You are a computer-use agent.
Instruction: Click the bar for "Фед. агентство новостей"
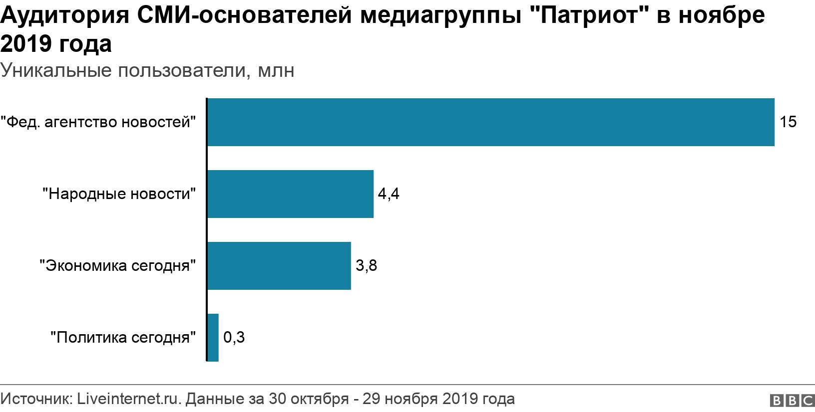click(490, 122)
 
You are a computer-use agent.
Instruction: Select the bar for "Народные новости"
click(290, 194)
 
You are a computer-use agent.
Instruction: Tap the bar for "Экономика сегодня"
click(279, 266)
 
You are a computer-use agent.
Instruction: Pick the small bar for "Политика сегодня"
click(213, 338)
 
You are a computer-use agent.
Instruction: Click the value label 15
click(788, 122)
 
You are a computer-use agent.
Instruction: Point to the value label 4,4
click(389, 194)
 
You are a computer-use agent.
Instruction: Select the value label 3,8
click(366, 266)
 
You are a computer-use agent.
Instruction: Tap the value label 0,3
click(234, 338)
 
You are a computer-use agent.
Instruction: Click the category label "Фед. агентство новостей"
click(98, 122)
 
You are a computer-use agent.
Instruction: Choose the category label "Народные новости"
click(119, 194)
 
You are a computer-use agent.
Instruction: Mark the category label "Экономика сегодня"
click(117, 266)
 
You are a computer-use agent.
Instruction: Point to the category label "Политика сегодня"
click(123, 338)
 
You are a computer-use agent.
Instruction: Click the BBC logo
click(792, 401)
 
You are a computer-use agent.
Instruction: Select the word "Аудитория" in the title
click(65, 15)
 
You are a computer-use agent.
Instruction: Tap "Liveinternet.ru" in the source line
click(128, 399)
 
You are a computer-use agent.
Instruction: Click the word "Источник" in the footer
click(36, 399)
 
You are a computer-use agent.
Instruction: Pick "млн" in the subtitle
click(276, 70)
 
